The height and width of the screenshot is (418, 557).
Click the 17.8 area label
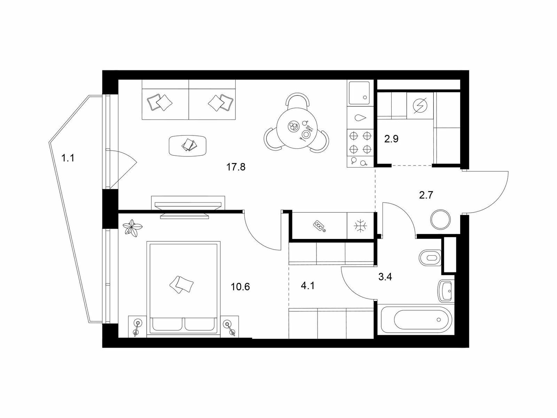236,167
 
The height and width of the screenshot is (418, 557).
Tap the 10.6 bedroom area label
240,287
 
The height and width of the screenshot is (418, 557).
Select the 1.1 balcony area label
68,158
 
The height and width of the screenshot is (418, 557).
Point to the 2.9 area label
391,139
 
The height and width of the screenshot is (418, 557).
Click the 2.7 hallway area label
426,195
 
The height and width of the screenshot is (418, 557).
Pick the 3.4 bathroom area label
385,277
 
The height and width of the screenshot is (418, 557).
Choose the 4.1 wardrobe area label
307,286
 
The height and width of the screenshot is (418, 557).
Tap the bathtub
414,320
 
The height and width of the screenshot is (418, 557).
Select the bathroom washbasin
446,291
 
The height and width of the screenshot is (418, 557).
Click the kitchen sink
359,93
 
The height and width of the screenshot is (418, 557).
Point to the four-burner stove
360,142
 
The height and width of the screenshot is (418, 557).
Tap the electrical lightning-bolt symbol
420,105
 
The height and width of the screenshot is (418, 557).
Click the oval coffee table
188,146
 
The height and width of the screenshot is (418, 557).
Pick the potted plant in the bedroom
132,228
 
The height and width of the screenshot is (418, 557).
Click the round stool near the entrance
440,219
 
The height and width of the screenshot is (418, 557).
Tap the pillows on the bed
181,285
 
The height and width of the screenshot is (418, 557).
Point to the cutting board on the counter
320,226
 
